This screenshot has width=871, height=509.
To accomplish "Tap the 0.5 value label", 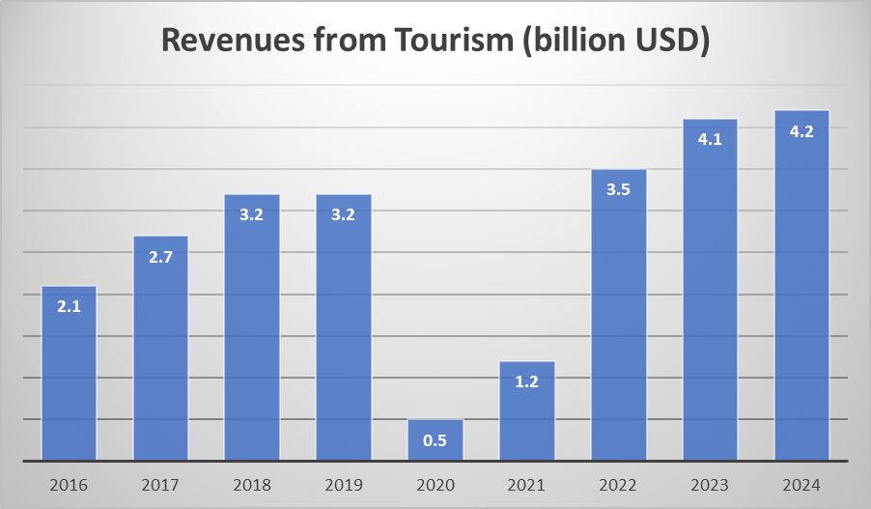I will coord(435,441).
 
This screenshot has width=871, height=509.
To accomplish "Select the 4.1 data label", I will coord(710,139).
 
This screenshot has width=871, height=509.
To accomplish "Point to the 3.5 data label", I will coord(619,189).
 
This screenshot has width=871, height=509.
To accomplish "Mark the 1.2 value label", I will coord(527,382).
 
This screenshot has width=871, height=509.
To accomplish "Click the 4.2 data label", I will coord(801,131).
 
